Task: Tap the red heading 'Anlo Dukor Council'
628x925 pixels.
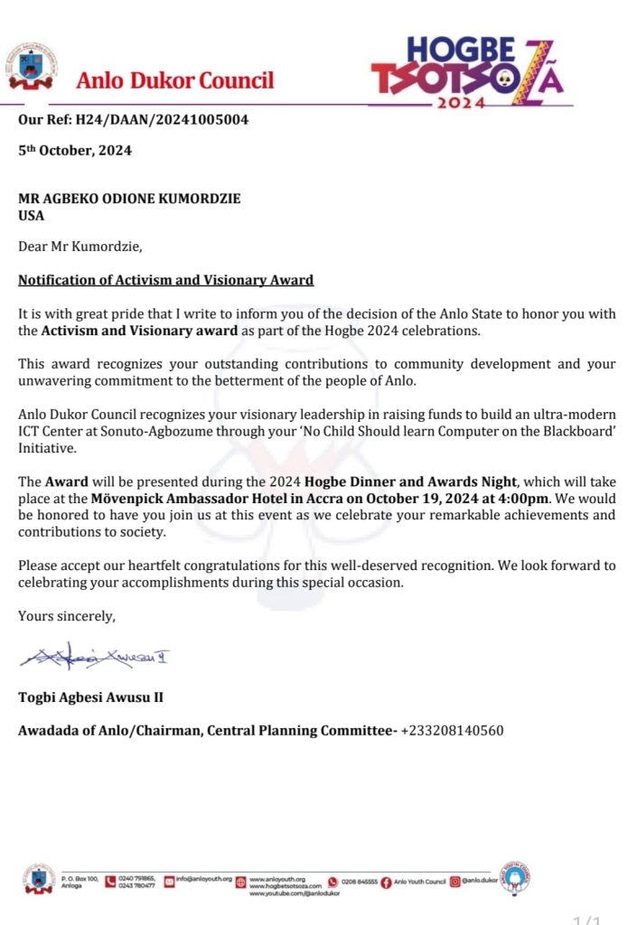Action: click(174, 80)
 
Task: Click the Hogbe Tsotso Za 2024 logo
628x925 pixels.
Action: click(470, 72)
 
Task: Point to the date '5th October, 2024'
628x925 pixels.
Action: click(75, 151)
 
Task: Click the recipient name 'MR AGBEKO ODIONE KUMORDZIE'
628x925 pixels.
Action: click(129, 199)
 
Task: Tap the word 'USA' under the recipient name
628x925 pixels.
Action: click(32, 215)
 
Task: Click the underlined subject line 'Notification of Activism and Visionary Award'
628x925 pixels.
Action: click(165, 280)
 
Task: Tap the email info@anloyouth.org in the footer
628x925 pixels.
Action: click(204, 878)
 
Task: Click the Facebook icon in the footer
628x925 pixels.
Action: click(387, 882)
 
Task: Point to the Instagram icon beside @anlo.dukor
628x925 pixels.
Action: click(456, 881)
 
